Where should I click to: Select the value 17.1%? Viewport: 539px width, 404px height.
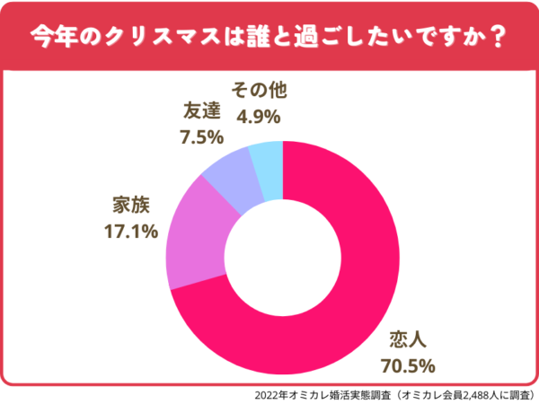127,231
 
